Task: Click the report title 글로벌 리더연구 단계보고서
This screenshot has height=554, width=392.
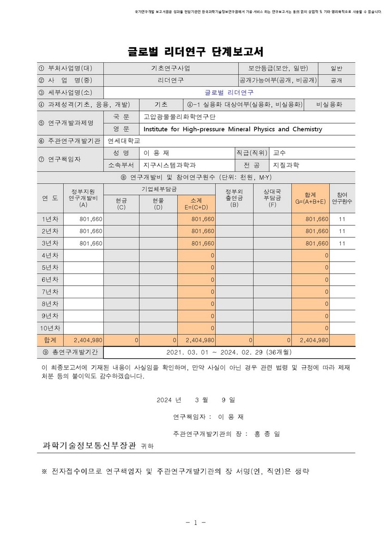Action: [196, 51]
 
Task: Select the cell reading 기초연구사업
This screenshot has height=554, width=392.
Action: [170, 68]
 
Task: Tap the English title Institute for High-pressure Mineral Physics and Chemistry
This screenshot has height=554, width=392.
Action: [233, 129]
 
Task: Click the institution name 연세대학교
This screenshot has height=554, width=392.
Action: [123, 141]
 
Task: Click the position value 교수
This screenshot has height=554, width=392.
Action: [280, 153]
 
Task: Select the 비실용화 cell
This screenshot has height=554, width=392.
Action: [329, 104]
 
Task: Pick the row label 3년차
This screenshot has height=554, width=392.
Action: [50, 243]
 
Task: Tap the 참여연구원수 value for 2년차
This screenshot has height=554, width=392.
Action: [342, 231]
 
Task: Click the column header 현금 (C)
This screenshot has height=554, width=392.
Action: [121, 204]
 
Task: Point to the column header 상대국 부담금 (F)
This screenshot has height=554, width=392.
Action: [272, 198]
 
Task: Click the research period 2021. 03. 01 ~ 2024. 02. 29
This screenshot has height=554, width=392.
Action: [229, 352]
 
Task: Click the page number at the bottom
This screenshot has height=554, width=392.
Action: [196, 523]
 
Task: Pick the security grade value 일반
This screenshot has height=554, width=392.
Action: [337, 68]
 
